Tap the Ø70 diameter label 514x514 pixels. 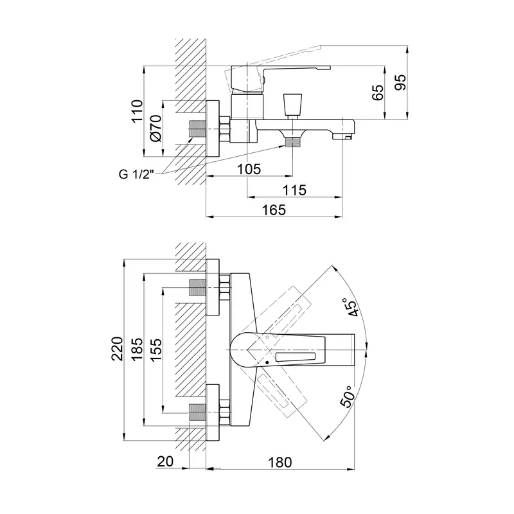pyautogui.click(x=156, y=128)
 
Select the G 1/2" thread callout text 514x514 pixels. pyautogui.click(x=136, y=174)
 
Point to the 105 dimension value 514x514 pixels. pyautogui.click(x=249, y=169)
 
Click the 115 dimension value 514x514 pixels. pyautogui.click(x=294, y=190)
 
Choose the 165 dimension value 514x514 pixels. pyautogui.click(x=274, y=210)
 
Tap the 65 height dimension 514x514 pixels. pyautogui.click(x=378, y=93)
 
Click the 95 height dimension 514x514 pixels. pyautogui.click(x=400, y=82)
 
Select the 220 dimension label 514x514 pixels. pyautogui.click(x=118, y=348)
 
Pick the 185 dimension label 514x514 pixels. pyautogui.click(x=137, y=348)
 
